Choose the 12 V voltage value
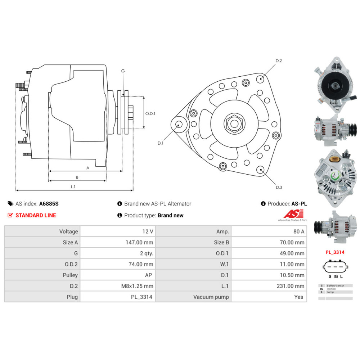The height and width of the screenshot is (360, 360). [x=148, y=231]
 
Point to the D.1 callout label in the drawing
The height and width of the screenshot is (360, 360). [x=161, y=143]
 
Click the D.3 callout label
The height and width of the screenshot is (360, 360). [x=279, y=187]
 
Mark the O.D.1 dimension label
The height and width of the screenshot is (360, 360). [x=150, y=113]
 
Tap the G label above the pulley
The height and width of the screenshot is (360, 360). [x=123, y=71]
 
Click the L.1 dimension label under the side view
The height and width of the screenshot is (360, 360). [x=73, y=186]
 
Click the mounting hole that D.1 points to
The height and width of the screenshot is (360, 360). [x=178, y=125]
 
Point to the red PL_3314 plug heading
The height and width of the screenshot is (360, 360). [x=335, y=252]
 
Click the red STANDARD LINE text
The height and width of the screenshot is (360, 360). [x=36, y=215]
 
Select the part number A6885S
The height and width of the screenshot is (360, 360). [x=49, y=203]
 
